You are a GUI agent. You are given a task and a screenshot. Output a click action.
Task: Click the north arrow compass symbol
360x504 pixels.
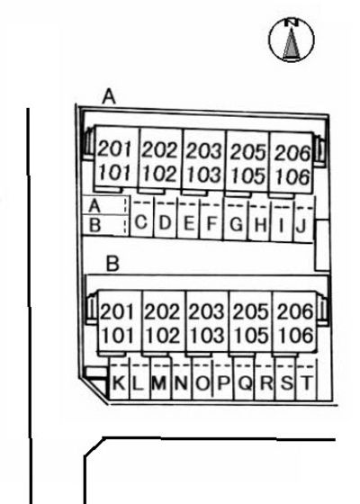point(292,40)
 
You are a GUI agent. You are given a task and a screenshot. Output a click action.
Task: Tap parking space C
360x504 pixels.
point(141,217)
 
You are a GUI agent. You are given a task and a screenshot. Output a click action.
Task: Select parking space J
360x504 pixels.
point(303,220)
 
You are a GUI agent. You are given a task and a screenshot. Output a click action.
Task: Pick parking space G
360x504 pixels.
point(236,220)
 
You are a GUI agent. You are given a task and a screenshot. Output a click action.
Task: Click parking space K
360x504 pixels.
point(120,378)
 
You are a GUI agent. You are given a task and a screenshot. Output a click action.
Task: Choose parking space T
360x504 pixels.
point(306,380)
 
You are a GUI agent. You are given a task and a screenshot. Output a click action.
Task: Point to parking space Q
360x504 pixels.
point(244,379)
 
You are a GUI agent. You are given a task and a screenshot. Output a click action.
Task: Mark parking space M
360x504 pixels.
point(160,379)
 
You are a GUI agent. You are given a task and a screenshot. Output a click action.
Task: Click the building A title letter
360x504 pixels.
point(109,97)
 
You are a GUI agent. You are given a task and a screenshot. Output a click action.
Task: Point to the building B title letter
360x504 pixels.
point(112,264)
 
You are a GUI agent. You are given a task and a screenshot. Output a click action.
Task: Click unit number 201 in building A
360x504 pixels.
point(114,148)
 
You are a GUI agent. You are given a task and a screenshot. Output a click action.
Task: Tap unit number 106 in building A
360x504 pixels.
point(292,176)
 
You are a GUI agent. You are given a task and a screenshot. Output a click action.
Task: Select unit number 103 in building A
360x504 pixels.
point(204,175)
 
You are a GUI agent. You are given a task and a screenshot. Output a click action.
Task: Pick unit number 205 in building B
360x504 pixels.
point(250,311)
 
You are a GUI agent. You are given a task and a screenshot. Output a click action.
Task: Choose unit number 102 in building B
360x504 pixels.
point(162,335)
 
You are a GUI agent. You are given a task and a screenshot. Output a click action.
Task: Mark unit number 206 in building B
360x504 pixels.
point(295,311)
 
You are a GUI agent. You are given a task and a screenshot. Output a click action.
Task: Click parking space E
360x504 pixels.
point(188,218)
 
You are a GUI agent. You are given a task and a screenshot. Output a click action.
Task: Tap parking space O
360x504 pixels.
point(202,379)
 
